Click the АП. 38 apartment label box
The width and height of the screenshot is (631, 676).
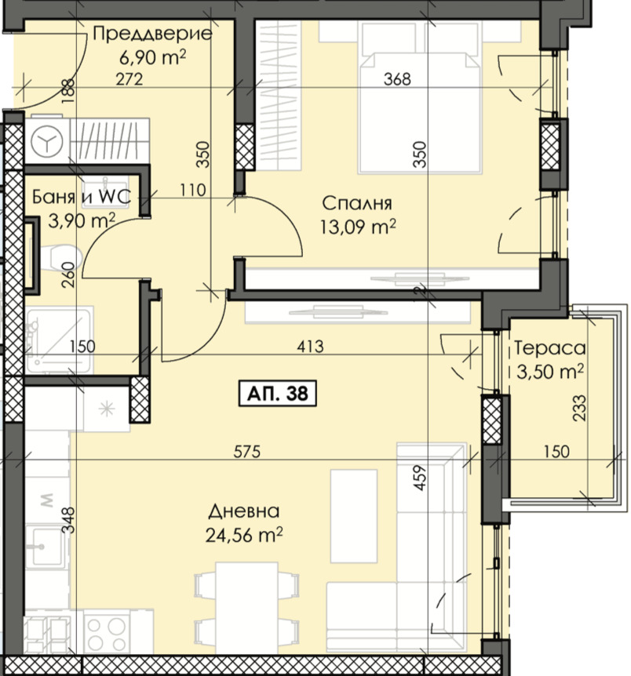278,393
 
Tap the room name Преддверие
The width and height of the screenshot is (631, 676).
152,34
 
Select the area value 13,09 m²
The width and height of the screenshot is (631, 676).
358,227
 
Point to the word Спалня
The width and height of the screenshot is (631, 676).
357,203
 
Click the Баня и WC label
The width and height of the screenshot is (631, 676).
82,197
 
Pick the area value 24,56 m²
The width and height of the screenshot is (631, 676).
244,535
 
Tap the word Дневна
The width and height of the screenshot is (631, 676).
244,511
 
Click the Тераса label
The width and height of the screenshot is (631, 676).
550,347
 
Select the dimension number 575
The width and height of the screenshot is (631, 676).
247,452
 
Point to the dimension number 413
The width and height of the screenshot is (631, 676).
310,346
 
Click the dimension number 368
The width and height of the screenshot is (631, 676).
397,79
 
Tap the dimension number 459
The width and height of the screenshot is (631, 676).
420,478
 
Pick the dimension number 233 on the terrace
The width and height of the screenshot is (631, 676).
579,408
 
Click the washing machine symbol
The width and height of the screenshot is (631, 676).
46,140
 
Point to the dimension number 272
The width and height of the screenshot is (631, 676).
129,79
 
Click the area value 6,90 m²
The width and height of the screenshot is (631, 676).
153,57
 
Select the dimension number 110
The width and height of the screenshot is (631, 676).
192,190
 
